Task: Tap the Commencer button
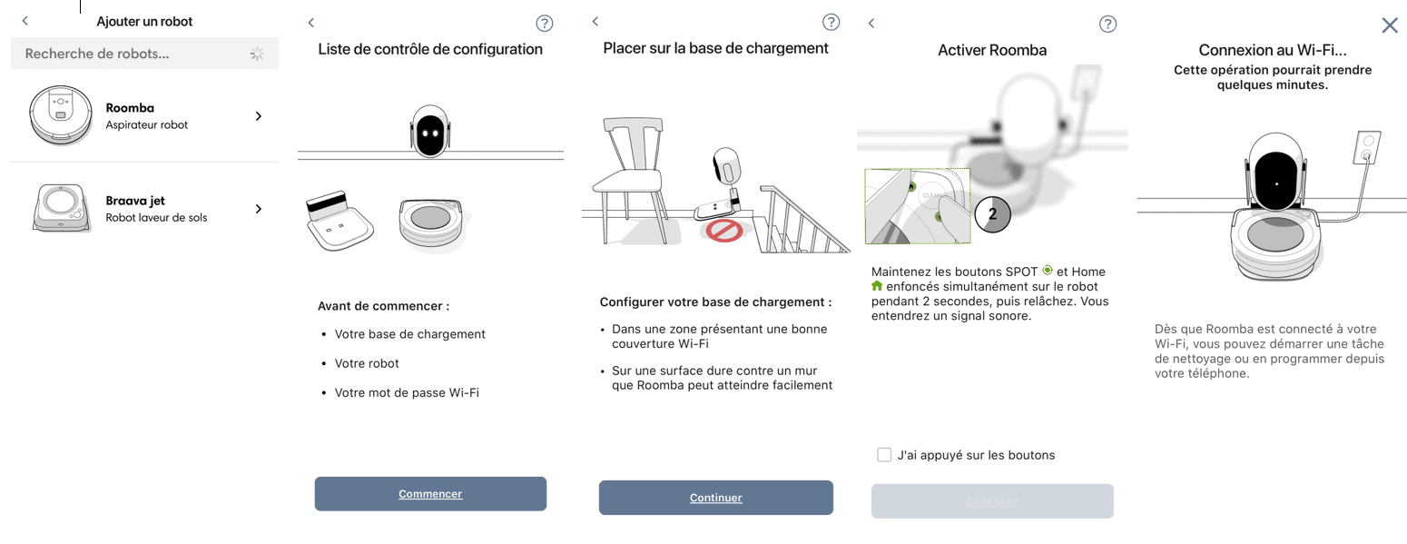pos(430,494)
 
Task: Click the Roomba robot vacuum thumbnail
pos(61,115)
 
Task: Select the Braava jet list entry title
pos(135,201)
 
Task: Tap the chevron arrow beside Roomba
pos(259,116)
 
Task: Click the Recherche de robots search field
pos(144,54)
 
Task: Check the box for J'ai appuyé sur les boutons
pos(884,455)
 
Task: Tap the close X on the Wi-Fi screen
pos(1390,25)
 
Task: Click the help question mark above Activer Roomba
pos(1107,24)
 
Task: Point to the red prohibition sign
pos(724,231)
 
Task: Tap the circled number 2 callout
pos(992,214)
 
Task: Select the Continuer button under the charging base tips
pos(716,498)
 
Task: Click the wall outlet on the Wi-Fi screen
pos(1367,147)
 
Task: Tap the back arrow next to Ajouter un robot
pos(25,21)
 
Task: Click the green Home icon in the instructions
pos(877,286)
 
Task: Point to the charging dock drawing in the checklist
pos(339,221)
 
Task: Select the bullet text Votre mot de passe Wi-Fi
pos(407,392)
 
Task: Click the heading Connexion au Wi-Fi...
pos(1273,50)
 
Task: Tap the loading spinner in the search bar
pos(257,54)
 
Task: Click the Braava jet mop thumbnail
pos(60,208)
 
